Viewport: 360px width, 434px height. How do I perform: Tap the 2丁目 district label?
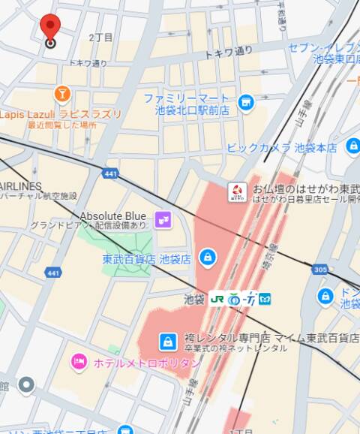pos(100,38)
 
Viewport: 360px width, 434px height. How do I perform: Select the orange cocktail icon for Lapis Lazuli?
pos(62,94)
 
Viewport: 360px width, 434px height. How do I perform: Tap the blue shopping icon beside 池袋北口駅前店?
pos(245,102)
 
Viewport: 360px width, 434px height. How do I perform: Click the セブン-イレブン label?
pos(323,47)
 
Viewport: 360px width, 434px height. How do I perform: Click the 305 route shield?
pos(321,269)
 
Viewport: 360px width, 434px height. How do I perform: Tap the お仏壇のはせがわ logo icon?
pos(237,191)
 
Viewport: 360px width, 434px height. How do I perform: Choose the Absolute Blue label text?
pos(112,215)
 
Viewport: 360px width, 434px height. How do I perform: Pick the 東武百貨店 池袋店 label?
pos(146,259)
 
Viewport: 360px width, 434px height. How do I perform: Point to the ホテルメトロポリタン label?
pos(147,363)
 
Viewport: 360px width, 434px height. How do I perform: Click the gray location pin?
pos(26,386)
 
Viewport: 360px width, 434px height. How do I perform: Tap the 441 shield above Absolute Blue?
pos(112,173)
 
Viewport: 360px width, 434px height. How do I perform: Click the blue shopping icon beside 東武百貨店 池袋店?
pos(206,259)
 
